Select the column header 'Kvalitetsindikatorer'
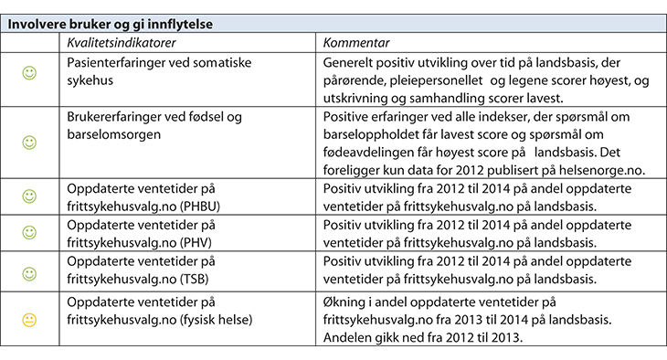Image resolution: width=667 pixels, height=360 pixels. pos(118,43)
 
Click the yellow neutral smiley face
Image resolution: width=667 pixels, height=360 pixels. pos(28,319)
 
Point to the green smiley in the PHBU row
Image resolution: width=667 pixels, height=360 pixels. pos(28,196)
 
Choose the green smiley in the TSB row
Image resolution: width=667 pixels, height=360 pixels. pos(28,274)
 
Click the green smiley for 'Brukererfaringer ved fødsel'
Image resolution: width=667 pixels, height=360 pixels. pos(28,143)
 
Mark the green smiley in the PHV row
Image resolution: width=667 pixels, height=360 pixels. pos(28,235)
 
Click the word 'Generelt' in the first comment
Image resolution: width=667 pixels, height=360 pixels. pos(350,62)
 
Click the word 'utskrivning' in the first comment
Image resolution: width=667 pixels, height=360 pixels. pos(357,97)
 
